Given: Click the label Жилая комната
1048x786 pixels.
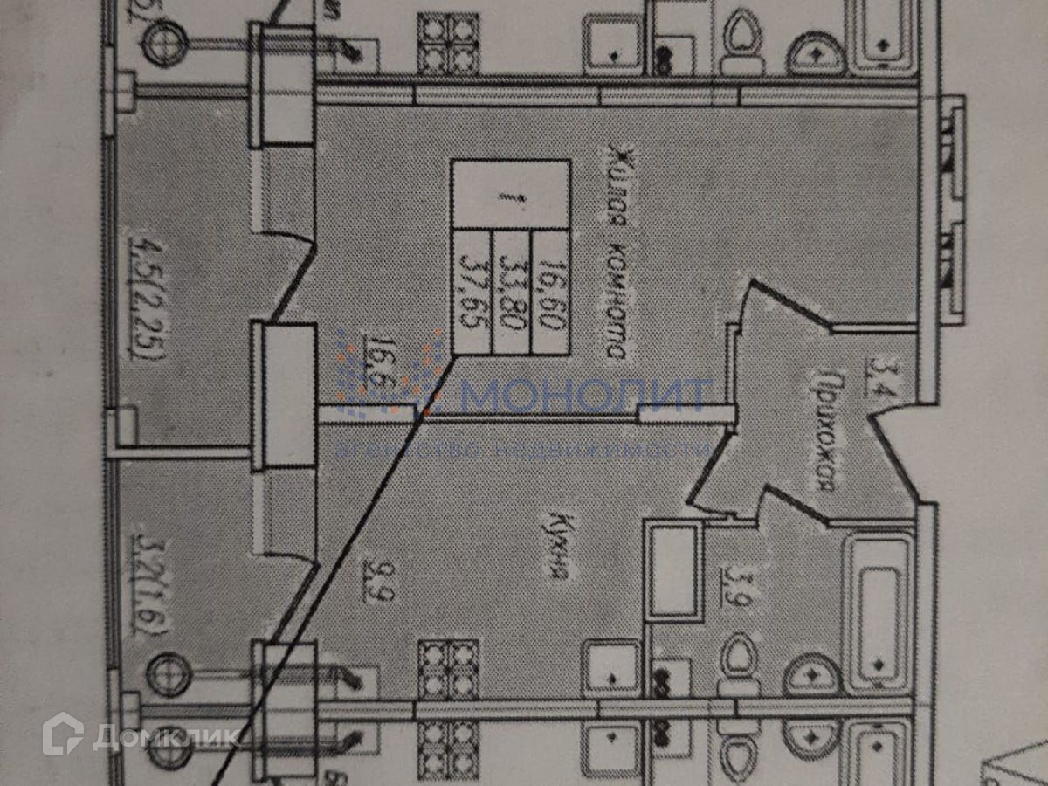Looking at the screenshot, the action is coord(614,253).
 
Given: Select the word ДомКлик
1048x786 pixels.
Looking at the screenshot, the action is coord(166,737).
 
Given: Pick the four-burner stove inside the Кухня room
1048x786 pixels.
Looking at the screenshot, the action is coord(448,669).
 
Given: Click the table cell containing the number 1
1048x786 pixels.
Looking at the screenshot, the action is coord(511,194).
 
